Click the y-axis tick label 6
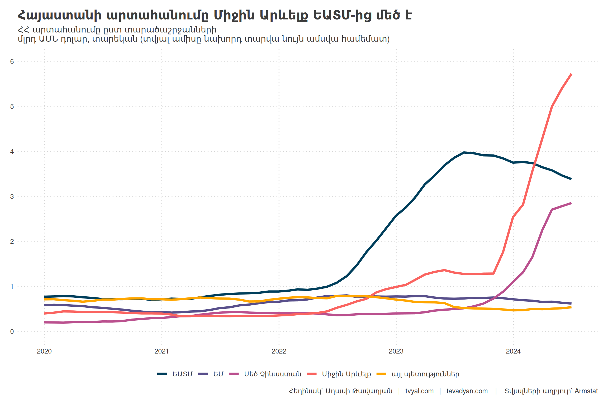[x=12, y=61]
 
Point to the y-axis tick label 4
[x=12, y=152]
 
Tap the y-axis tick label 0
[x=12, y=332]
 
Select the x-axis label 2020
[x=44, y=351]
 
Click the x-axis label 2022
[x=279, y=351]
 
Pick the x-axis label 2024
[x=513, y=351]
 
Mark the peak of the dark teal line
[x=464, y=152]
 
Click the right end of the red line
[x=571, y=74]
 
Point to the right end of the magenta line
[x=571, y=203]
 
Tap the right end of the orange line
[x=571, y=307]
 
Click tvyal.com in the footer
[x=419, y=391]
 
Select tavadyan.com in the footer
[x=467, y=391]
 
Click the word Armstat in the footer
[x=586, y=391]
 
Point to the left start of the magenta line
[x=44, y=322]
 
